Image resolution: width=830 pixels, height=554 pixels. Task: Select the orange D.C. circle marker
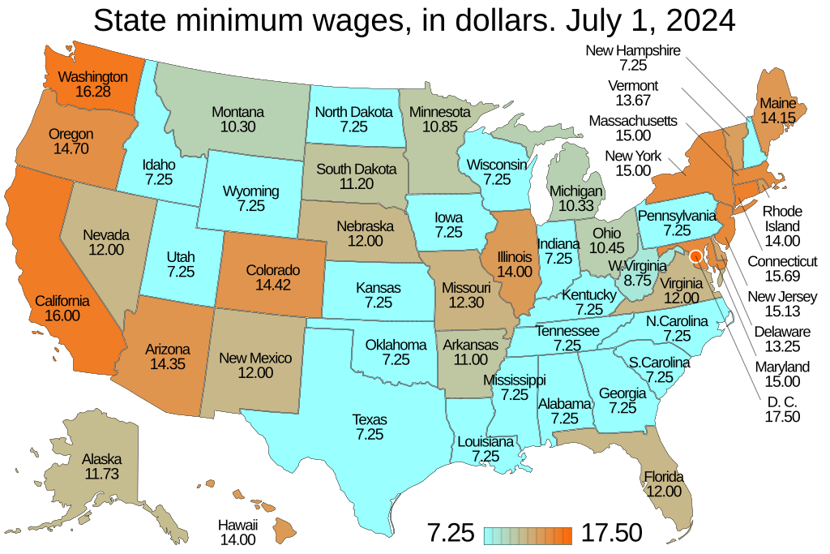click(695, 257)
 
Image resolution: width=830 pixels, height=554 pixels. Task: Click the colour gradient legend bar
click(528, 535)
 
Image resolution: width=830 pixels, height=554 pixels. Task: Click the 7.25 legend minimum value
click(450, 534)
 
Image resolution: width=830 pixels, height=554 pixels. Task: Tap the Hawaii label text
click(237, 524)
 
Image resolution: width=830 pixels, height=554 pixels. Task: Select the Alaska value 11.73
click(101, 475)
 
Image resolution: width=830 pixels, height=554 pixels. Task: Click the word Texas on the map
click(370, 419)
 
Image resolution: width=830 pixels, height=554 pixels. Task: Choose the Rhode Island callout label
click(782, 219)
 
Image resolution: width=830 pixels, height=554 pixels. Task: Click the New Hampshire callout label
click(632, 50)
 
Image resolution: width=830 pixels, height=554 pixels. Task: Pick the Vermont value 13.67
click(632, 101)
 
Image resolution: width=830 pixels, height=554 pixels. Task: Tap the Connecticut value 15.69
click(782, 277)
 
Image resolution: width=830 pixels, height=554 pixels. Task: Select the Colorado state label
click(272, 270)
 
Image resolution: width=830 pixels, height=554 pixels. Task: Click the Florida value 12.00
click(663, 492)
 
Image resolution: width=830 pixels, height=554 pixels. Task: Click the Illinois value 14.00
click(515, 271)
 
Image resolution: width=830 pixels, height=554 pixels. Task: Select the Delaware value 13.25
click(781, 346)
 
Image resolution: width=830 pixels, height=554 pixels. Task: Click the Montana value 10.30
click(237, 127)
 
